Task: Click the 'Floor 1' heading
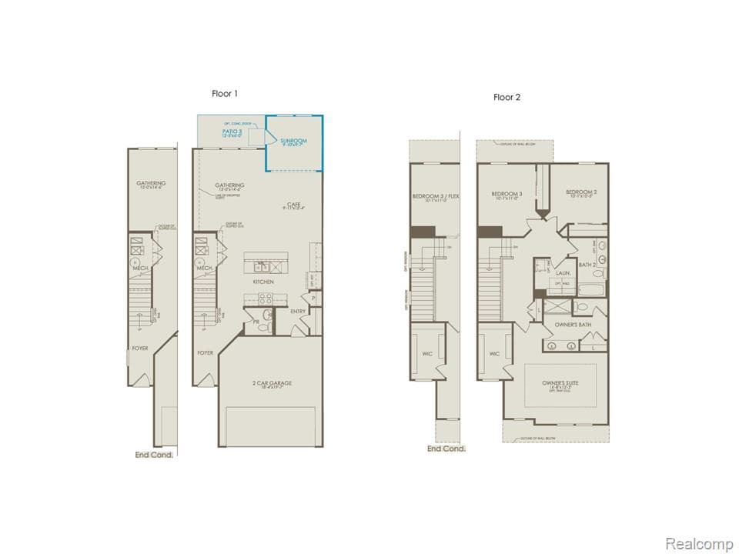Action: click(225, 93)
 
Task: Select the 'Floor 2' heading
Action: click(507, 97)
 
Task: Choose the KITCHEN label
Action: click(264, 282)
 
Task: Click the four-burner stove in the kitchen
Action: click(265, 300)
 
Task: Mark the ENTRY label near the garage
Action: click(298, 312)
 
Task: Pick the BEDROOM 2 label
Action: click(581, 192)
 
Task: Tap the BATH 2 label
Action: click(587, 265)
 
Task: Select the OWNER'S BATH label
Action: click(573, 325)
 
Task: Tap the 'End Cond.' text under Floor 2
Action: click(446, 449)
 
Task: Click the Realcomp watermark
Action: click(698, 543)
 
